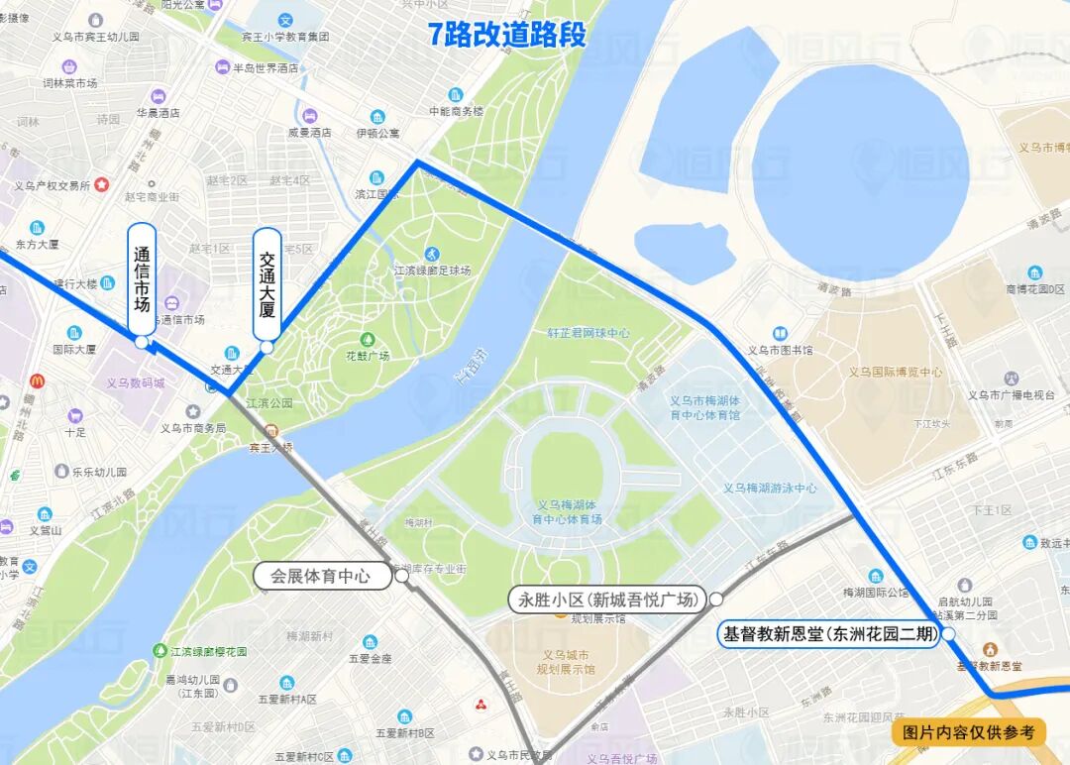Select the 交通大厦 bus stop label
point(267,283)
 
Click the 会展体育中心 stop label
point(320,575)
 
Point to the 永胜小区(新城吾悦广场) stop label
point(607,600)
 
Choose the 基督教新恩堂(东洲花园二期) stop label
point(829,634)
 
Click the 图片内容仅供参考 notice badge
point(968,732)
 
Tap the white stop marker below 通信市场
point(142,342)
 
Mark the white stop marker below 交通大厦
point(267,347)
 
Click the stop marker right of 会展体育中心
point(402,575)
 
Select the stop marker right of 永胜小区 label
point(716,600)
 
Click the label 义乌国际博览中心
point(896,373)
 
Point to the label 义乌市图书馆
point(780,350)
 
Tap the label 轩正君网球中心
point(588,334)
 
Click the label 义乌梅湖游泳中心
point(770,488)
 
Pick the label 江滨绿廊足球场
point(432,271)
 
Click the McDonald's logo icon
point(37,381)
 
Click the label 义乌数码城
point(136,382)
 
